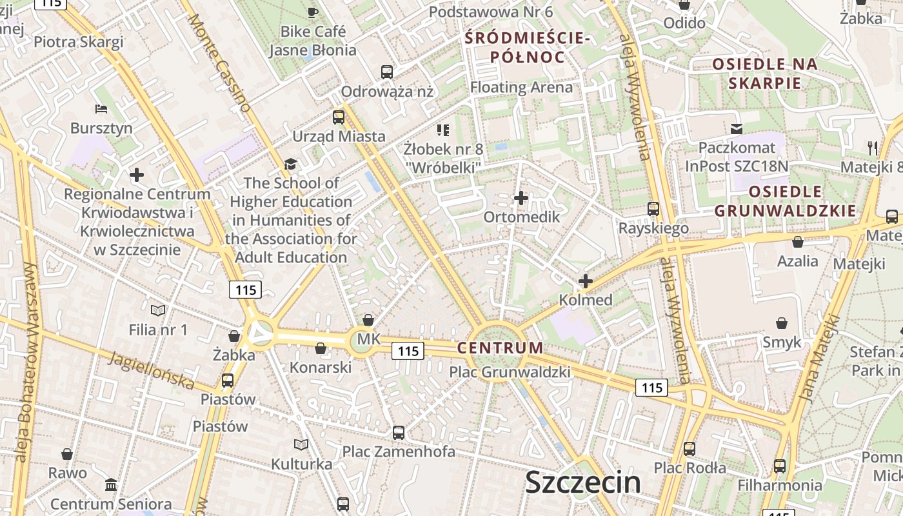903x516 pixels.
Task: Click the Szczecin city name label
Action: pos(583,482)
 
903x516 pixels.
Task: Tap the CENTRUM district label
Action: pos(500,348)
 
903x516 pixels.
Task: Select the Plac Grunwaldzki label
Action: pos(510,372)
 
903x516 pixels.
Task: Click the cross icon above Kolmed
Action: pos(586,281)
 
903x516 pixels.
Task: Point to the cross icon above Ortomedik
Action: pos(521,198)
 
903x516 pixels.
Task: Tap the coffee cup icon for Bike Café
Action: pos(313,12)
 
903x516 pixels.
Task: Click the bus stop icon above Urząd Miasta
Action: pos(339,117)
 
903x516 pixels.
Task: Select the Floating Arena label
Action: pos(521,87)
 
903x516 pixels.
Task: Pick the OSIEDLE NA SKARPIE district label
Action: pos(765,74)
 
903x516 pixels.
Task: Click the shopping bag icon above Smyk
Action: pos(782,323)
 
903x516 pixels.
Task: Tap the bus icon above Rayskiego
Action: pos(653,209)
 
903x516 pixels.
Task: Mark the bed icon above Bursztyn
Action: pos(101,108)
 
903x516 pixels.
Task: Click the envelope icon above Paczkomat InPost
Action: pos(736,129)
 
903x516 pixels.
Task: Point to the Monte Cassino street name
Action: pos(219,63)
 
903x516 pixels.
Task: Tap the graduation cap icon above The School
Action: pos(291,164)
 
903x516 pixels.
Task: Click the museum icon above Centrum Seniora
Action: pos(111,485)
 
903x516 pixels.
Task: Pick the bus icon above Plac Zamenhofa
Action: pos(399,432)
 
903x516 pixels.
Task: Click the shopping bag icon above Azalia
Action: pos(798,243)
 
